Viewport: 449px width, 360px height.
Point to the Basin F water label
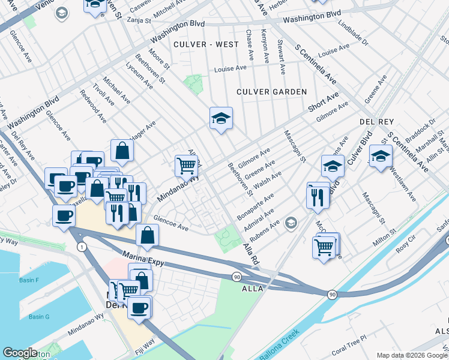28,280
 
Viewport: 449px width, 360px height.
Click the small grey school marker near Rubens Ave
291,223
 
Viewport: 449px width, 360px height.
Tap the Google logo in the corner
20,353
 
